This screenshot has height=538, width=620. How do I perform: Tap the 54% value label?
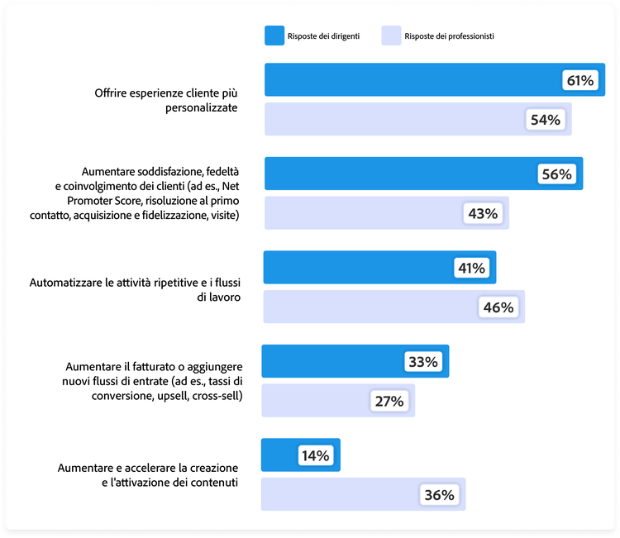click(546, 120)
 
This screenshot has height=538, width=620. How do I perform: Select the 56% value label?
click(556, 174)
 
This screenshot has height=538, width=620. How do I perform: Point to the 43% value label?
click(482, 214)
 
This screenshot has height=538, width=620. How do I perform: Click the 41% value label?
click(470, 269)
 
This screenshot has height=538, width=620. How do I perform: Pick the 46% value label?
click(498, 307)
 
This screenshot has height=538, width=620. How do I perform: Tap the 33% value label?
click(423, 362)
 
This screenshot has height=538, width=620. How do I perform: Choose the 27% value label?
click(389, 402)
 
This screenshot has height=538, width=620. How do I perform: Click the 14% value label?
click(315, 455)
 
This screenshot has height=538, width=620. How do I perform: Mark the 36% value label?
click(439, 496)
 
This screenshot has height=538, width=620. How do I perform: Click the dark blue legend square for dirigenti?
click(274, 36)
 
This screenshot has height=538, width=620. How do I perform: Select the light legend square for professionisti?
click(391, 36)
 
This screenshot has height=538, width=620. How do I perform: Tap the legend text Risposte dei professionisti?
click(450, 36)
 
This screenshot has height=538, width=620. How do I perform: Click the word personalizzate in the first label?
click(195, 108)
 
